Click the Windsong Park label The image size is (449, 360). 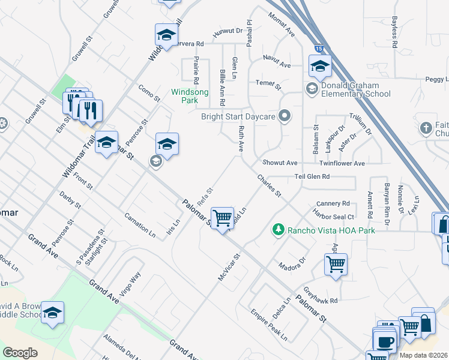pos(190,96)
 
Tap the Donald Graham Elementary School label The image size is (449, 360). pos(355,89)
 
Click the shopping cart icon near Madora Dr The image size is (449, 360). pos(336,264)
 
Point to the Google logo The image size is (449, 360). pos(20,353)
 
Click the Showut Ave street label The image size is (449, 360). pos(280,163)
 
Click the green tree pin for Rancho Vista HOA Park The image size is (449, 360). pos(278,229)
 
